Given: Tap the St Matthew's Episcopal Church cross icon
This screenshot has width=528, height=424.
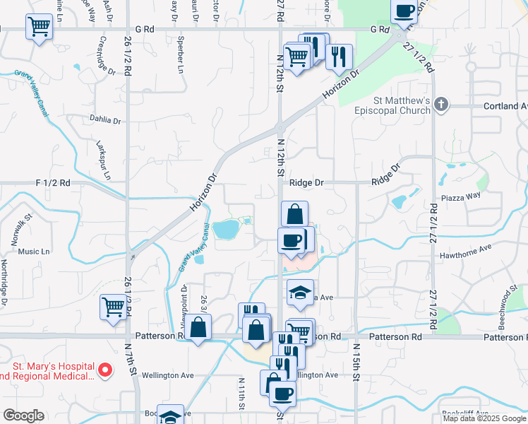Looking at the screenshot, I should click(x=442, y=105).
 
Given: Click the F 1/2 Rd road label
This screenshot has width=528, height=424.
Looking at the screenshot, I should click(x=53, y=182).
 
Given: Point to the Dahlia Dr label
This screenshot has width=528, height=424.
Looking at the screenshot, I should click(x=106, y=119).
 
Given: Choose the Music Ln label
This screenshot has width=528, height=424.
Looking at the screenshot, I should click(x=34, y=252).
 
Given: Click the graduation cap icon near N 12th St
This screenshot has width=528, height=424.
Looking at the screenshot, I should click(x=300, y=293).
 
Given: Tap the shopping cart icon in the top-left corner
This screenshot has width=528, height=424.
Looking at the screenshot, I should click(x=39, y=28).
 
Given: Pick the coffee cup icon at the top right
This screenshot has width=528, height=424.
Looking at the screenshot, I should click(x=405, y=11).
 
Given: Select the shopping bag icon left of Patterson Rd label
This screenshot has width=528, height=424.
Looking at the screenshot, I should click(x=199, y=327).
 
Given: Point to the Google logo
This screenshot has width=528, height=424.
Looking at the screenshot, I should click(x=24, y=416).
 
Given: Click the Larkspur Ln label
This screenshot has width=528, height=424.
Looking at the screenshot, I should click(x=103, y=155).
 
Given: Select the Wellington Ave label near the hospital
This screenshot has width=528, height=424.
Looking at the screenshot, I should click(x=167, y=375).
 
